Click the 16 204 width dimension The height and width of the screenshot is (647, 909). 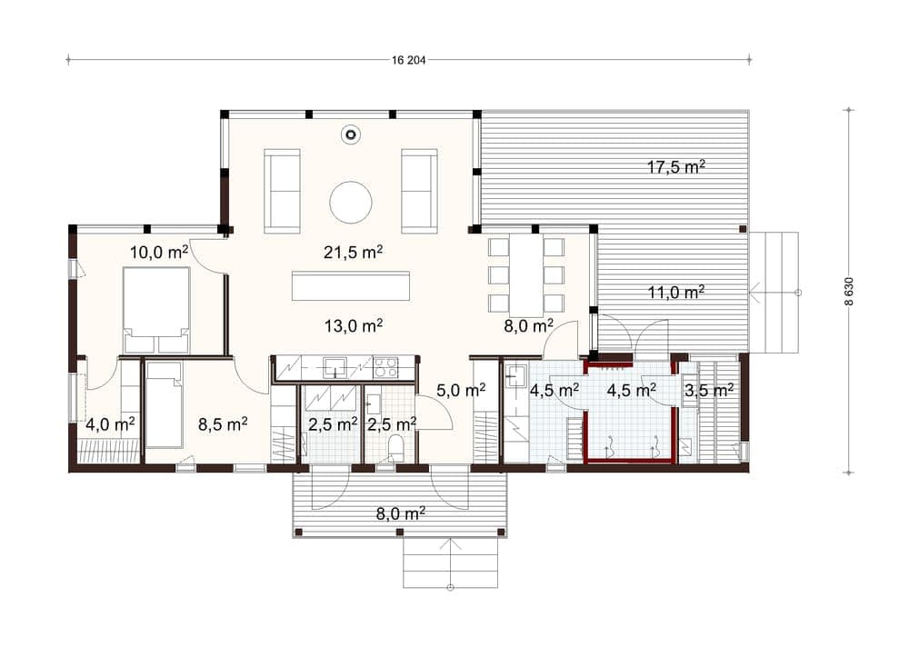pyautogui.click(x=409, y=60)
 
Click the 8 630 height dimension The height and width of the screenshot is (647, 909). pyautogui.click(x=849, y=291)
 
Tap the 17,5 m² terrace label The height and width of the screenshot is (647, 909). pyautogui.click(x=676, y=167)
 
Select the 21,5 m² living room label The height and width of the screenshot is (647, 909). pyautogui.click(x=353, y=253)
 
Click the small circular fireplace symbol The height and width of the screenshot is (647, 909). pyautogui.click(x=350, y=135)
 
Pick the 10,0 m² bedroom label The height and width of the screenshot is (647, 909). pyautogui.click(x=159, y=253)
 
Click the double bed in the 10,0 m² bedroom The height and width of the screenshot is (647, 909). pyautogui.click(x=156, y=310)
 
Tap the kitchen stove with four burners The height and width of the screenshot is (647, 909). pyautogui.click(x=386, y=367)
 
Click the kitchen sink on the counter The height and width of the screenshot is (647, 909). pyautogui.click(x=335, y=367)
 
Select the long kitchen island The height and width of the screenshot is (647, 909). pyautogui.click(x=351, y=285)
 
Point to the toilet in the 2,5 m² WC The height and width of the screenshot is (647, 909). pyautogui.click(x=396, y=450)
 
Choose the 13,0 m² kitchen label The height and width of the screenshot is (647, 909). pyautogui.click(x=353, y=326)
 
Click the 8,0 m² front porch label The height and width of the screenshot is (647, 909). pyautogui.click(x=401, y=513)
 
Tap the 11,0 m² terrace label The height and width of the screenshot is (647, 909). pyautogui.click(x=676, y=293)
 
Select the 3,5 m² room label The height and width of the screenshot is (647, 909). pyautogui.click(x=709, y=390)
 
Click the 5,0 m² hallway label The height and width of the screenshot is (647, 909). pyautogui.click(x=461, y=390)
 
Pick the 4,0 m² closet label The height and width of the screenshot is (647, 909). pyautogui.click(x=110, y=425)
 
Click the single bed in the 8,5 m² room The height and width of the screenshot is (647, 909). pyautogui.click(x=165, y=404)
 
